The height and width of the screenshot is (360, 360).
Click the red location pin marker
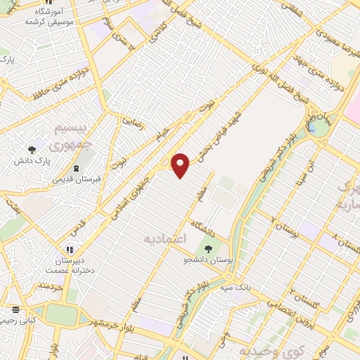pos(181,165)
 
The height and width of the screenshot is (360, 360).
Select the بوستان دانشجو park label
pos(206,261)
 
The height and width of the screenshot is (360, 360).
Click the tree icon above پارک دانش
pos(32,149)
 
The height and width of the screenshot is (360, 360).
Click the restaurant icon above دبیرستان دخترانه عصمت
pos(69,249)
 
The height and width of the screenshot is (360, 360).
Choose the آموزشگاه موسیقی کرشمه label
pos(50,17)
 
